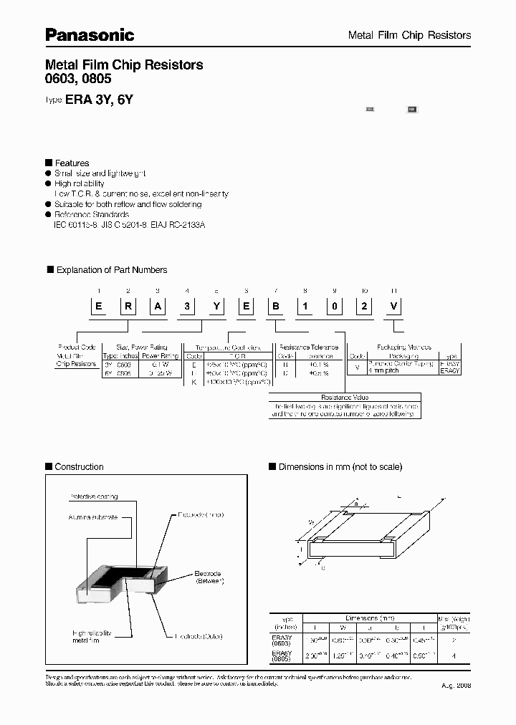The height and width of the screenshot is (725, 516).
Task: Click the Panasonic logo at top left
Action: (x=90, y=34)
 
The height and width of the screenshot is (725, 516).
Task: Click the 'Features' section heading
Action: (x=72, y=163)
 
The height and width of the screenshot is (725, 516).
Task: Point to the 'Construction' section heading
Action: (x=79, y=467)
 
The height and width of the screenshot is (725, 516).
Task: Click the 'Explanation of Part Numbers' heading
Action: (x=111, y=270)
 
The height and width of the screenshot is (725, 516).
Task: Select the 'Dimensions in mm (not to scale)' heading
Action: (x=340, y=467)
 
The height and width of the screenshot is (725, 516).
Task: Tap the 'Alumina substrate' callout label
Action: (x=93, y=517)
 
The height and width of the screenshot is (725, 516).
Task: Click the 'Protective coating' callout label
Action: (x=93, y=496)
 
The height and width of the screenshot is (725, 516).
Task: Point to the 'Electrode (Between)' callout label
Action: (x=209, y=578)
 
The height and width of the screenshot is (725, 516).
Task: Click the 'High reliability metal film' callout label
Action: (x=90, y=636)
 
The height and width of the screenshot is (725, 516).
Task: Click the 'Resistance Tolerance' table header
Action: (x=310, y=346)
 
